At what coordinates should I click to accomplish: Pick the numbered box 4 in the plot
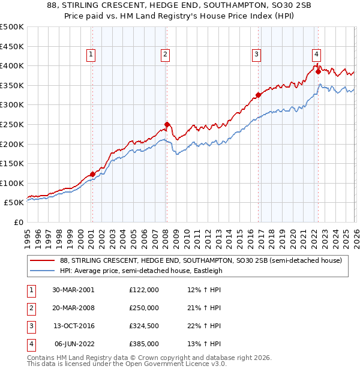pyautogui.click(x=316, y=53)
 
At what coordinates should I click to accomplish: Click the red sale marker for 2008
pyautogui.click(x=167, y=125)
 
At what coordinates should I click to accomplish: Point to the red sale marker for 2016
pyautogui.click(x=258, y=95)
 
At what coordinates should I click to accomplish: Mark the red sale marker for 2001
pyautogui.click(x=92, y=175)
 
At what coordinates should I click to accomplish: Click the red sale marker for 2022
pyautogui.click(x=318, y=71)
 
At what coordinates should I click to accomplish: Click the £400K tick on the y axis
pyautogui.click(x=12, y=65)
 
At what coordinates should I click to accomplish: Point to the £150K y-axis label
pyautogui.click(x=12, y=163)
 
